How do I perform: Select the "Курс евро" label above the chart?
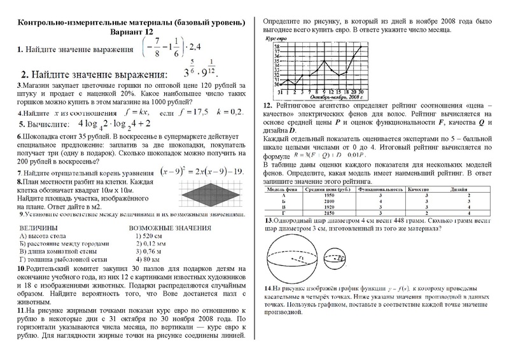(277, 38)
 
